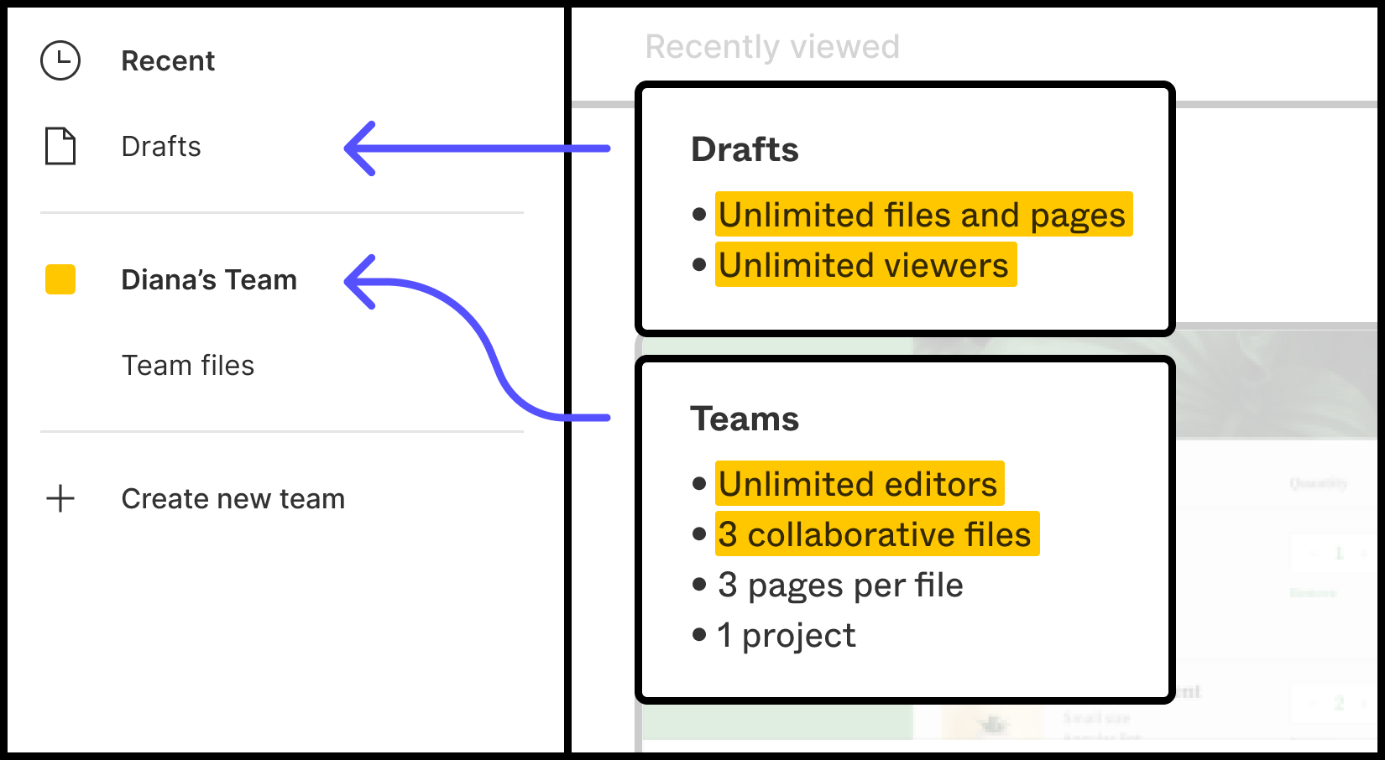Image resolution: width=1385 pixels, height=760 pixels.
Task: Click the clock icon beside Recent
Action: (x=60, y=60)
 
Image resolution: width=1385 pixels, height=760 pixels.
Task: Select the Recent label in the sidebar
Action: (x=168, y=61)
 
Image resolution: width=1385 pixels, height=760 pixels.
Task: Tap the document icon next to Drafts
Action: (x=60, y=146)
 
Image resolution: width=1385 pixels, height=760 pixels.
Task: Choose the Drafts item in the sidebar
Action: (x=161, y=146)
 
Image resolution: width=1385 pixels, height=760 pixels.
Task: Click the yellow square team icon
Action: (x=60, y=279)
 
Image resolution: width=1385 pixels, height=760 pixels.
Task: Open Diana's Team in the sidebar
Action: (x=209, y=279)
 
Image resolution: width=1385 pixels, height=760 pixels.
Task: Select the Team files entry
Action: (x=188, y=366)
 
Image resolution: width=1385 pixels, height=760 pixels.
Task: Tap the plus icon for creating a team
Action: (x=60, y=498)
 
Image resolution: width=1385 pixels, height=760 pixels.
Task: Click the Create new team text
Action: (x=233, y=499)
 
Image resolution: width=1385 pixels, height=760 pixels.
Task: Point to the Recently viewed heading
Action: (x=772, y=47)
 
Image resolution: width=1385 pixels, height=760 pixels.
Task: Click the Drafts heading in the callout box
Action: (x=745, y=149)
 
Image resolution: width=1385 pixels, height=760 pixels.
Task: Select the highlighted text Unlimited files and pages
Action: (x=922, y=215)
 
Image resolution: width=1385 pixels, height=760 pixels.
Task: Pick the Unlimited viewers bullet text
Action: (x=865, y=265)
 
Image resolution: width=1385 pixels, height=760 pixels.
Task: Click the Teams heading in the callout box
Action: (x=745, y=419)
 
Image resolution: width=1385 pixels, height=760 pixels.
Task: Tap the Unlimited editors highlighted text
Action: (x=859, y=484)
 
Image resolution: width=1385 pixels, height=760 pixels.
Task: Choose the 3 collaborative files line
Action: (x=875, y=534)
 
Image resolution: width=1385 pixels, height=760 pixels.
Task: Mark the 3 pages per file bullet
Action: (x=840, y=586)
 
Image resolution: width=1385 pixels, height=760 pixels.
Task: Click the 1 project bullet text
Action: (x=787, y=636)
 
